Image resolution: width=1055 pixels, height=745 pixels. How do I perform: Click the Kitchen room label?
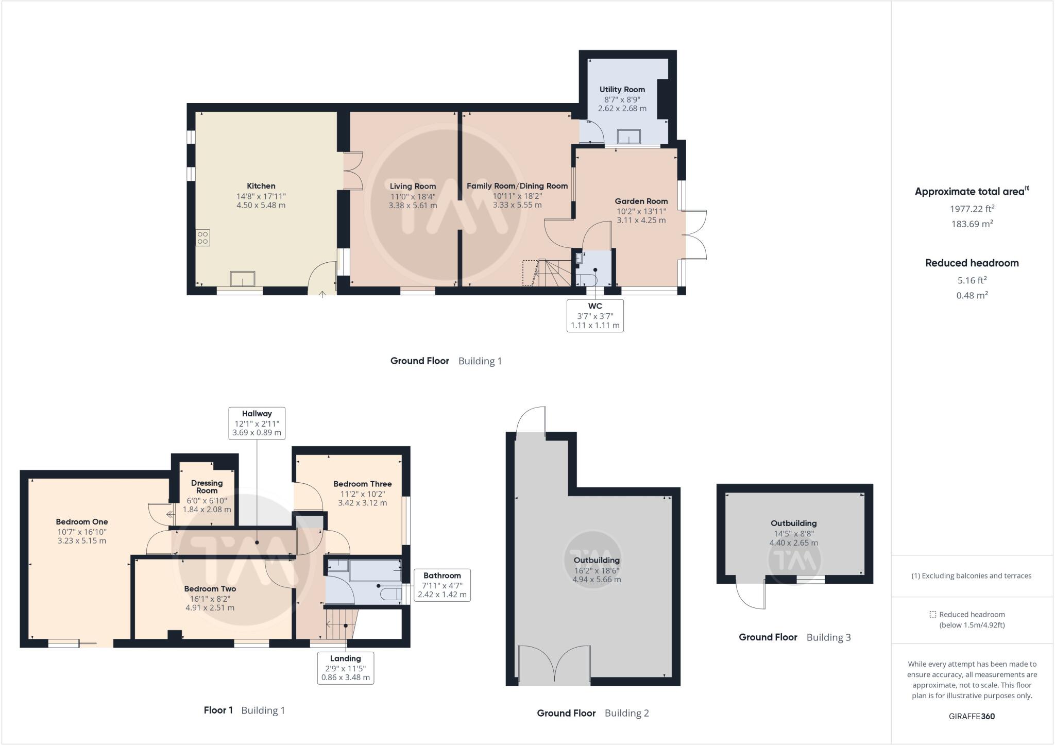[261, 186]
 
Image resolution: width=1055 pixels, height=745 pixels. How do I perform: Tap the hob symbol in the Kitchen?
[202, 238]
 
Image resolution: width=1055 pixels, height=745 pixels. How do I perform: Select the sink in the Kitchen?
[243, 278]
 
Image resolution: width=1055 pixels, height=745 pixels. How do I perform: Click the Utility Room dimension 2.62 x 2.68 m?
[622, 109]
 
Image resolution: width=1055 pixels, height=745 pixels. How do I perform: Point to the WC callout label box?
[595, 315]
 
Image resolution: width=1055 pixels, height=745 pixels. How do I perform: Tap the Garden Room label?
[641, 201]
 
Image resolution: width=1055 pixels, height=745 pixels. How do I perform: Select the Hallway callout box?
[257, 423]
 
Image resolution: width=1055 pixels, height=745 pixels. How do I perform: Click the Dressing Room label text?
[207, 486]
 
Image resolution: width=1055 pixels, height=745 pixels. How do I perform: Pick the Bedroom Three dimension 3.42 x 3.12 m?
[362, 503]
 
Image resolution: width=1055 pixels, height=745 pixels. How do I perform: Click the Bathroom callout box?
[442, 585]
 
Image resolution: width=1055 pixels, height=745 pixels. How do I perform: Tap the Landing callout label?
[345, 668]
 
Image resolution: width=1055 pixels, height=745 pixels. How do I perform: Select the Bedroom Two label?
[210, 589]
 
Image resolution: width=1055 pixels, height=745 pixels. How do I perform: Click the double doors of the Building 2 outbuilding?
[554, 665]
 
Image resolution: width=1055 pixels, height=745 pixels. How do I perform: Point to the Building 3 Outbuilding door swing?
[751, 596]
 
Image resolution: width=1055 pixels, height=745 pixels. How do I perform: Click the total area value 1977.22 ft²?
[972, 209]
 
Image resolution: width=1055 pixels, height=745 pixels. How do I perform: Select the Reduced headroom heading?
[972, 263]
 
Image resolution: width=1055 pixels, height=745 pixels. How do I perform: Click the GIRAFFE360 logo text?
[972, 716]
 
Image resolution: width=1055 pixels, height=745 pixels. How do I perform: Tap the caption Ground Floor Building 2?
[592, 713]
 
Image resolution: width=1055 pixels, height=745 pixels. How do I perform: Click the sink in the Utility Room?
[629, 136]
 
